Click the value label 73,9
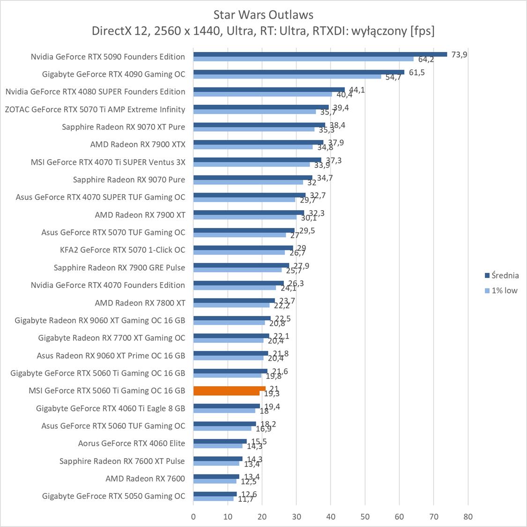click(459, 54)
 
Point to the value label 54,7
click(393, 77)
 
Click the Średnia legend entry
click(502, 276)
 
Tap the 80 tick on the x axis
click(468, 517)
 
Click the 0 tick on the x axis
click(193, 517)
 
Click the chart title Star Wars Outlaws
click(263, 15)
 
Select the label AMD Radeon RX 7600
click(145, 478)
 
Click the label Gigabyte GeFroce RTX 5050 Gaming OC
click(113, 496)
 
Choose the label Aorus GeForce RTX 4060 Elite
click(132, 443)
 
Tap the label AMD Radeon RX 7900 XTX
click(138, 145)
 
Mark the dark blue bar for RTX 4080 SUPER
click(269, 89)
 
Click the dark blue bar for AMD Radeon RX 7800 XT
click(234, 300)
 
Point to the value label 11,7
click(245, 499)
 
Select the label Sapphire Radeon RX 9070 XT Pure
click(123, 127)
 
